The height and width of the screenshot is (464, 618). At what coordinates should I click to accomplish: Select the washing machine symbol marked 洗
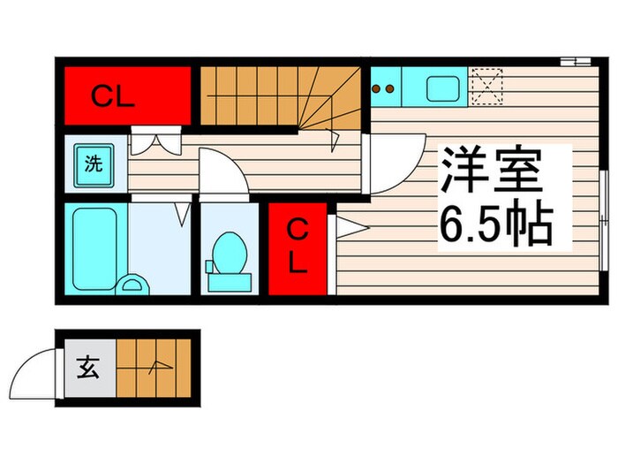[92, 164]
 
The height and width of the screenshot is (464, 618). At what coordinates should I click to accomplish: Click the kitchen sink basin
[442, 88]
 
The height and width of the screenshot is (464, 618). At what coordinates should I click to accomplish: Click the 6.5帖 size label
[496, 225]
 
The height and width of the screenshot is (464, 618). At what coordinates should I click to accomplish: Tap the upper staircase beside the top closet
[278, 97]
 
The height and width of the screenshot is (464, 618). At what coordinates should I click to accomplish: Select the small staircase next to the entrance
[152, 366]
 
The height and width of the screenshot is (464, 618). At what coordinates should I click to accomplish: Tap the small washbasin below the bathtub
[133, 284]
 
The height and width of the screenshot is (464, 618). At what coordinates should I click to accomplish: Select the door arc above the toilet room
[221, 172]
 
